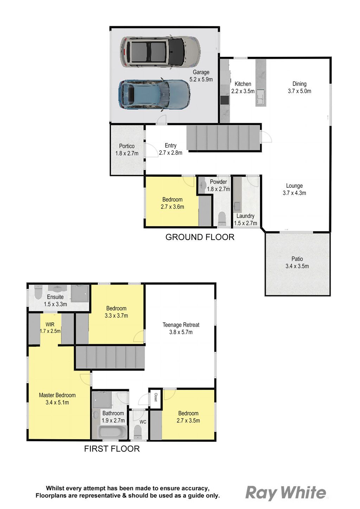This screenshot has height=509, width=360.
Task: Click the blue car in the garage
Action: (154, 95)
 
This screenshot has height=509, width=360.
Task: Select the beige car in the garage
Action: (160, 52)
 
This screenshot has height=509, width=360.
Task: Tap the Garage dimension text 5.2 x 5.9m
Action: (201, 79)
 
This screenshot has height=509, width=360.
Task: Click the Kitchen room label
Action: (243, 84)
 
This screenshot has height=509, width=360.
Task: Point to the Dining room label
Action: (299, 84)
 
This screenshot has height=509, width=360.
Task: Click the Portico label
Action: (127, 146)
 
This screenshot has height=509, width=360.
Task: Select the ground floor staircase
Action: (224, 138)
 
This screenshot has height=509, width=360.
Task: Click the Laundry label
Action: (245, 216)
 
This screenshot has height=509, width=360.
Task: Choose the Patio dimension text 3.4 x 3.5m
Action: (297, 266)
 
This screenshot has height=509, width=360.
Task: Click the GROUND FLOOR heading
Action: (200, 237)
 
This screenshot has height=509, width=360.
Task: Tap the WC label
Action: (143, 422)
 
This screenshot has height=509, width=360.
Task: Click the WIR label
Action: (50, 324)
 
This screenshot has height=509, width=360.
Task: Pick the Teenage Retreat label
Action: (181, 325)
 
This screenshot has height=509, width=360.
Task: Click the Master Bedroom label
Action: (57, 395)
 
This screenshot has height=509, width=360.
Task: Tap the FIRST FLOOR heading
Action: (112, 449)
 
